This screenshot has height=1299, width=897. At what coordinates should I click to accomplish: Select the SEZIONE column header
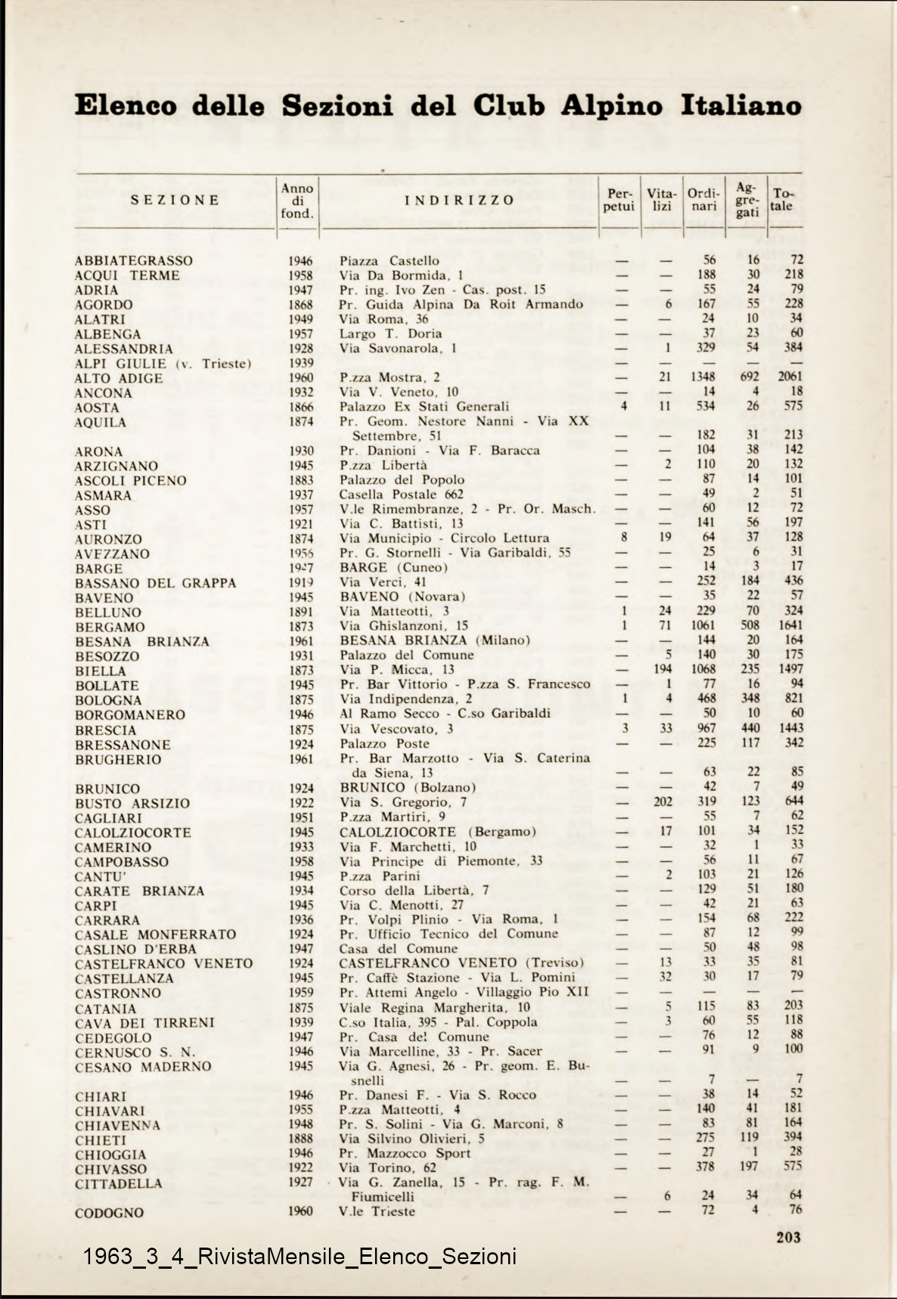(175, 200)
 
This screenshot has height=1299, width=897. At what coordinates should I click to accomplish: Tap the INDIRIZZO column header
(459, 200)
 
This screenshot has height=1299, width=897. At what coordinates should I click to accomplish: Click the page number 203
(788, 1238)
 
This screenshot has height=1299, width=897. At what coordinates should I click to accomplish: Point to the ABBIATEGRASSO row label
(134, 261)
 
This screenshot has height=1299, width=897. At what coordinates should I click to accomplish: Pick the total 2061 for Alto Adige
(790, 377)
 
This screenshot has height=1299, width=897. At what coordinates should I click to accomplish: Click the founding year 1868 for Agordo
(300, 305)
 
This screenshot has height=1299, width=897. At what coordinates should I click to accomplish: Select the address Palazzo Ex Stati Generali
(424, 407)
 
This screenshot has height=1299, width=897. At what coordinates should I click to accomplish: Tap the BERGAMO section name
(110, 627)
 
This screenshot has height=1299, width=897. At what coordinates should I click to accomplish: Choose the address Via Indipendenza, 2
(406, 699)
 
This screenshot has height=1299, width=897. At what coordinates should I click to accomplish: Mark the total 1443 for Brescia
(790, 728)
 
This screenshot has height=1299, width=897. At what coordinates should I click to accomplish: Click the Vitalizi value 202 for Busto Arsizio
(663, 802)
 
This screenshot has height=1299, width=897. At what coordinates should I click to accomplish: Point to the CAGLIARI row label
(108, 818)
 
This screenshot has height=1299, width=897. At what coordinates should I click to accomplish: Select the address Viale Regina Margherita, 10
(434, 1007)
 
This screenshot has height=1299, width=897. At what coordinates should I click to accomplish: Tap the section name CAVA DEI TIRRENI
(144, 1023)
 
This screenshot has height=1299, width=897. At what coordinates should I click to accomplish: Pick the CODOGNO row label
(109, 1213)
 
